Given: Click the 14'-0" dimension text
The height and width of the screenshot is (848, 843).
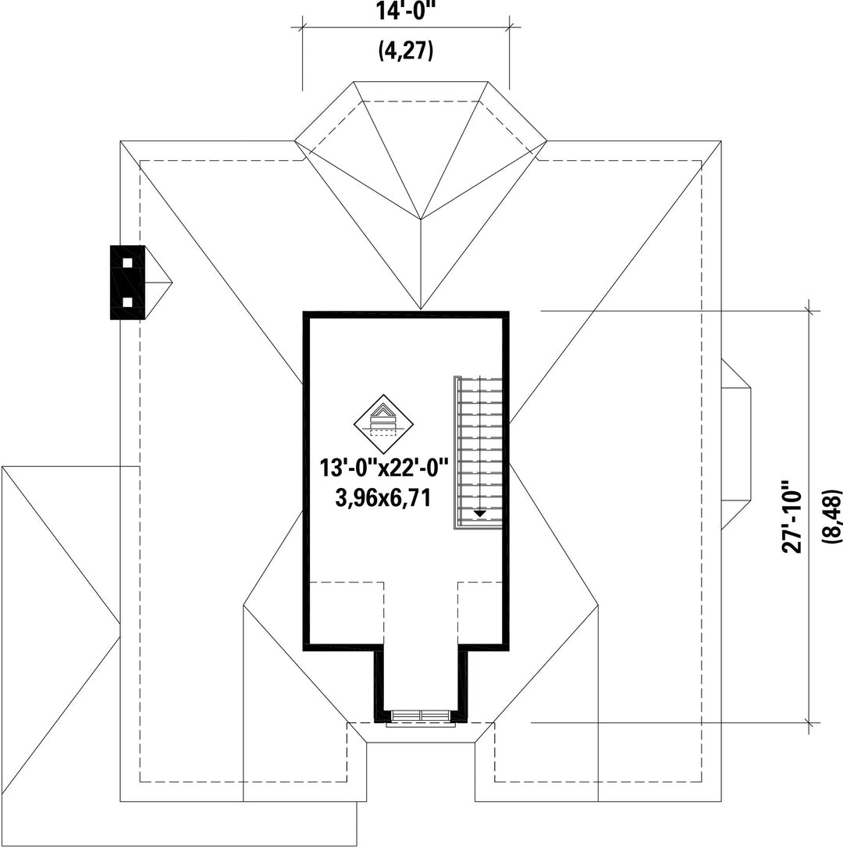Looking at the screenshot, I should coord(405,12).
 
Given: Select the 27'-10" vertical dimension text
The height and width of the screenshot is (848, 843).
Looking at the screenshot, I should coord(793,516).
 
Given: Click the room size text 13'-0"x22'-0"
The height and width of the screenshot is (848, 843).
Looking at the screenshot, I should coord(383,469).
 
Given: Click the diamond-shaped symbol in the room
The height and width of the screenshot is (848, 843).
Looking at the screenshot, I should coord(383,422).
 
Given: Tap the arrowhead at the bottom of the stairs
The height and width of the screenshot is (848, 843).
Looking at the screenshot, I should coord(479,513).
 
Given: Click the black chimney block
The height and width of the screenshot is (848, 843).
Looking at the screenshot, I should coord(128,283).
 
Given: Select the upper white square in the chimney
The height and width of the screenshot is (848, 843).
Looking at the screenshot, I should coord(128,262).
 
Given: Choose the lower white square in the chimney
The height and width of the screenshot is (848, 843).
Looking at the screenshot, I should coord(128,302).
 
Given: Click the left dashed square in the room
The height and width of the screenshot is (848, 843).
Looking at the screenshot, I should coord(347,612).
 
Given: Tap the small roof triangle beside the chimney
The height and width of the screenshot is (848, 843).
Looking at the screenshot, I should coord(158,283).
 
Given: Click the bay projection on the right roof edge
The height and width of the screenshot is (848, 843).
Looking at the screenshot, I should coord(735,444).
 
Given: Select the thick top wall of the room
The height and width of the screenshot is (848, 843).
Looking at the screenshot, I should coord(406,315).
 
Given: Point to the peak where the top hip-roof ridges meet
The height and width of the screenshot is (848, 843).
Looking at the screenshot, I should coord(421,219).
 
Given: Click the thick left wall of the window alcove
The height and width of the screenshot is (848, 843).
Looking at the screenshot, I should coord(379,683).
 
